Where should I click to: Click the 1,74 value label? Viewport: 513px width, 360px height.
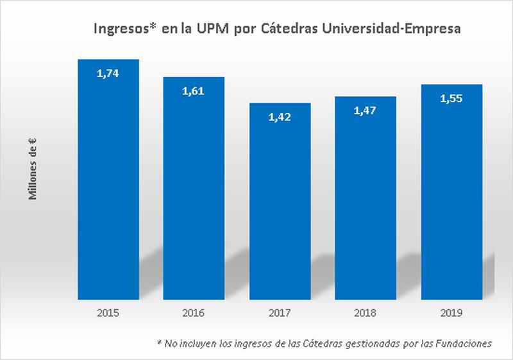click(x=108, y=74)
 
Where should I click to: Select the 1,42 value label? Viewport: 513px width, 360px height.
click(x=280, y=117)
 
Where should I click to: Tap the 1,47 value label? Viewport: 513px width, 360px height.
click(x=365, y=111)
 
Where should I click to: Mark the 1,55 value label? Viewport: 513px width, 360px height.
click(x=451, y=99)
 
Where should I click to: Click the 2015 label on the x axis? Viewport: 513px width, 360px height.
click(x=108, y=313)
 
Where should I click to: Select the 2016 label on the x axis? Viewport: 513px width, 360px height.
click(x=194, y=313)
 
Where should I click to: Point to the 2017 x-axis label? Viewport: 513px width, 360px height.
click(x=280, y=313)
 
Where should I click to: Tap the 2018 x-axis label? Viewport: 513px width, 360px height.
click(x=365, y=313)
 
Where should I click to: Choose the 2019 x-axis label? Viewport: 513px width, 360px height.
click(x=451, y=313)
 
